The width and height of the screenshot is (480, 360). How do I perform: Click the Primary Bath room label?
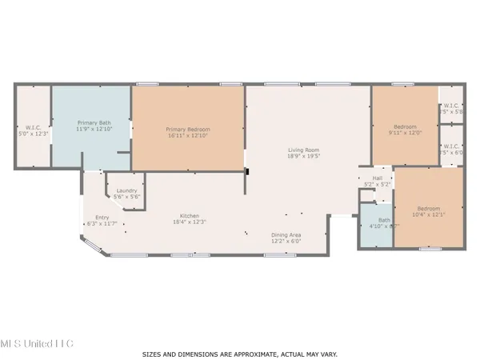coord(92,122)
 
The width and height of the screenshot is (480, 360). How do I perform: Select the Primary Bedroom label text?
coord(186,130)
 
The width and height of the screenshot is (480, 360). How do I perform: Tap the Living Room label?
coord(304,150)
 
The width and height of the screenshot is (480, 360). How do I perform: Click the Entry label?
coord(102,217)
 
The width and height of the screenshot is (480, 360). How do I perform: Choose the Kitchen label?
coord(189,217)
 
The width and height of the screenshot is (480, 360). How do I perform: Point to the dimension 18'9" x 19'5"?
coord(304,157)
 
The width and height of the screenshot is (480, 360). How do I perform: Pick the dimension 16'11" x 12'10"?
coord(186,136)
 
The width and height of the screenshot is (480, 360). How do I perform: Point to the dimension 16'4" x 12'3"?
coord(189,223)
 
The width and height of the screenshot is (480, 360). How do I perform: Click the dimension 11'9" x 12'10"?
coord(92,129)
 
